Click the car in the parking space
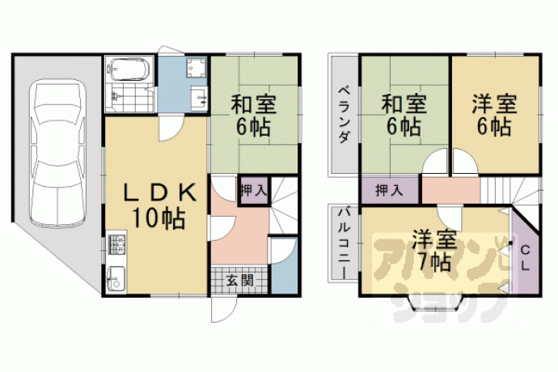pos(58,153)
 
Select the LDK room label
pos(160,193)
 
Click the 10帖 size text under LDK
pos(159,218)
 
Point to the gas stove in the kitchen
pos(116,244)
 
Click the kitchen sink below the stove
pos(116,278)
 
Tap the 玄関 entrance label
pos(240,281)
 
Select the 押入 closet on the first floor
pos(253,191)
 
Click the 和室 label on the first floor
pos(253,104)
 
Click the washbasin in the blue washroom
pos(199,95)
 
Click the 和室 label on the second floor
pos(404,104)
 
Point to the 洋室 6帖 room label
pos(495,115)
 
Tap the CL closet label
pos(526,258)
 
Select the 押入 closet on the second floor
pos(390,191)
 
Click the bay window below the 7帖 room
pos(435,303)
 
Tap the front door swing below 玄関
pos(223,309)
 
